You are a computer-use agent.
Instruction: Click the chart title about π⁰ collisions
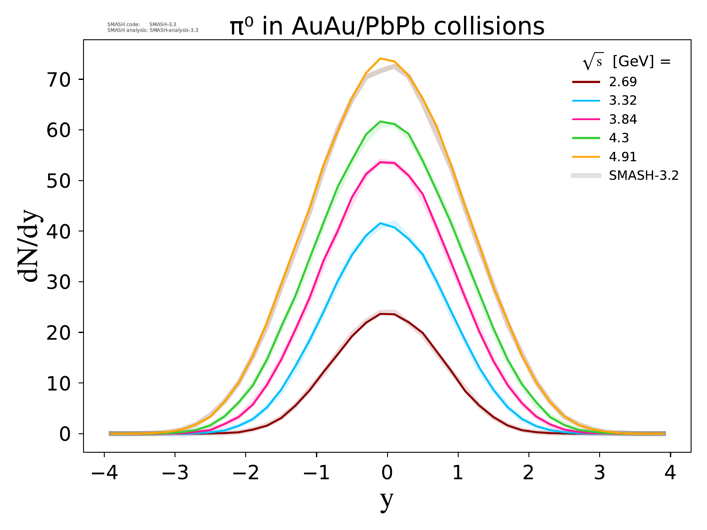point(387,26)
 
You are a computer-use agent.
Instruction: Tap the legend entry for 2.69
point(623,82)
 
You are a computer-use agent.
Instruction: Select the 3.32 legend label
point(623,101)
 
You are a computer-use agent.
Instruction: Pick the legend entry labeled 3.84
point(623,119)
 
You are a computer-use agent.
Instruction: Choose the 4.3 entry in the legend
point(619,138)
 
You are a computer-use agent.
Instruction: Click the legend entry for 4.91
point(623,157)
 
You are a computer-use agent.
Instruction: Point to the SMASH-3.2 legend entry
point(643,176)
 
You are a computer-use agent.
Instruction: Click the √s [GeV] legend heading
point(627,62)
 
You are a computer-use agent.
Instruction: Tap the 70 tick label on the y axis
point(60,80)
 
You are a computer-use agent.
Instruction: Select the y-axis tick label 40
point(60,231)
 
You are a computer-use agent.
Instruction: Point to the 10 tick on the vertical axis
point(60,383)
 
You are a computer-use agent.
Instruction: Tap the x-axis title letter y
point(387,500)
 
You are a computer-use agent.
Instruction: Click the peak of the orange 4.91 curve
point(380,58)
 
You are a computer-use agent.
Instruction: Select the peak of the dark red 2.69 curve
point(380,314)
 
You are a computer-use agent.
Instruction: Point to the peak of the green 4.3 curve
point(380,121)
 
